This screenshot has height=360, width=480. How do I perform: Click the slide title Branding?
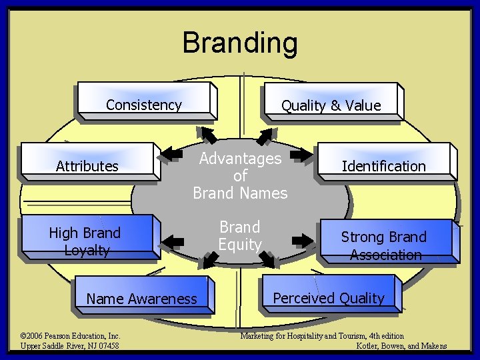[x=240, y=43]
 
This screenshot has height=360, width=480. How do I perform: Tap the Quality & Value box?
[x=331, y=105]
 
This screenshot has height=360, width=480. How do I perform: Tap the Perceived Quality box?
[x=329, y=298]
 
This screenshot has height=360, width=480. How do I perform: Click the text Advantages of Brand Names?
[x=240, y=176]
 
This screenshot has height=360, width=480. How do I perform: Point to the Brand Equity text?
[x=240, y=235]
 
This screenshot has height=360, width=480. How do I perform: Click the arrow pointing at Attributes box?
[x=172, y=155]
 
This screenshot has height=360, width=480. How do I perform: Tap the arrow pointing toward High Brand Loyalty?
[x=174, y=240]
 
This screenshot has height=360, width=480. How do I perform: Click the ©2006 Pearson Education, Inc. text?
[x=70, y=336]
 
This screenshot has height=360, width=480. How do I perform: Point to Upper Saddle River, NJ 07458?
[x=70, y=346]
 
